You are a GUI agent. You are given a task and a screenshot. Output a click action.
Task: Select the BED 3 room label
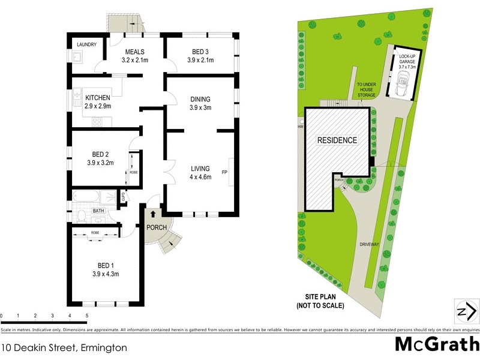[x=200, y=56]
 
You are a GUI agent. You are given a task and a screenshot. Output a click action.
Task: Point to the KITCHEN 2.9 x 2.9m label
[x=98, y=101]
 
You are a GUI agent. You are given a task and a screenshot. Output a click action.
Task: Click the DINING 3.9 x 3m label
[x=200, y=103]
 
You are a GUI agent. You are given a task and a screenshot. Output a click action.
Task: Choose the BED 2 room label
[x=100, y=158]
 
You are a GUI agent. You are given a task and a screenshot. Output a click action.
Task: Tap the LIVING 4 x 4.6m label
[x=200, y=172]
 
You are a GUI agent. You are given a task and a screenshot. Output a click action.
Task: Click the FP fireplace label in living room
[x=225, y=173]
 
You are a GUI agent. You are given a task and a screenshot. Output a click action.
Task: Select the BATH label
[x=99, y=211]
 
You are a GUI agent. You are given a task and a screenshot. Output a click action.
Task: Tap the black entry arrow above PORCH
[x=153, y=213]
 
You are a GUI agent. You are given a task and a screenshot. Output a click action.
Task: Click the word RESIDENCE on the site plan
[x=337, y=140]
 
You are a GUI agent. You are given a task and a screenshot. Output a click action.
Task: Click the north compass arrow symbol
[x=467, y=311]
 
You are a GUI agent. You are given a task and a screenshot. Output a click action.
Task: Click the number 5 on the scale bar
[x=87, y=316]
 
